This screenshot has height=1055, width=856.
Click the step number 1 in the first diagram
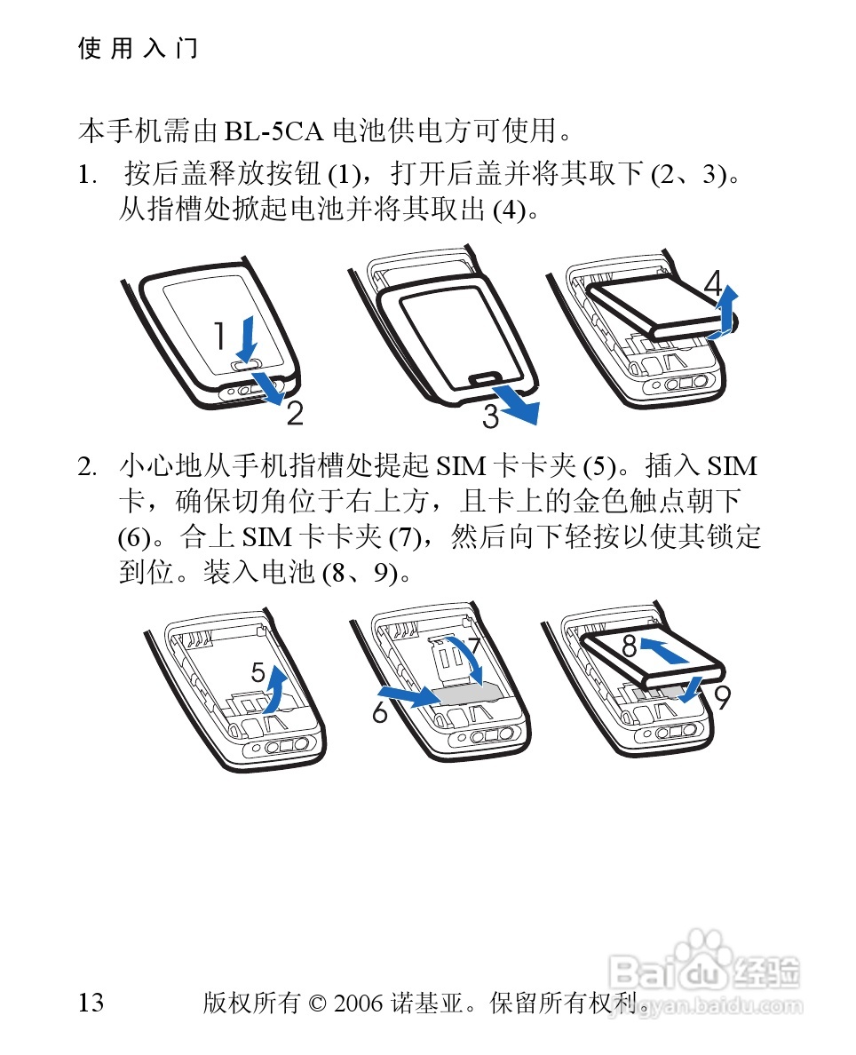click(x=219, y=336)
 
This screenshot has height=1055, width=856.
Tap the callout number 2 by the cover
click(x=295, y=413)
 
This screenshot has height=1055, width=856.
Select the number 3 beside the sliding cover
click(x=490, y=416)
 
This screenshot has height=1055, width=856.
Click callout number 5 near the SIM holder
click(x=258, y=671)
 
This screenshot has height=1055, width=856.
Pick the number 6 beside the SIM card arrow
click(x=380, y=712)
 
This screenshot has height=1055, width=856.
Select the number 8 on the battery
click(x=630, y=646)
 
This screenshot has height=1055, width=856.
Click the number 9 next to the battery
click(x=722, y=698)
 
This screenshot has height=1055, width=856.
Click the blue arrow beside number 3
click(x=516, y=404)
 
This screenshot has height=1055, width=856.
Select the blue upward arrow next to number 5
click(x=275, y=688)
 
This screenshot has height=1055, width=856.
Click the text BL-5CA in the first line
click(x=273, y=131)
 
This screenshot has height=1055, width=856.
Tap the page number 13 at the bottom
click(x=91, y=1003)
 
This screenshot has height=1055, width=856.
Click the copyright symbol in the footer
click(x=317, y=1003)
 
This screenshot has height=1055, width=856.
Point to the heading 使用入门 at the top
click(x=138, y=49)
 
